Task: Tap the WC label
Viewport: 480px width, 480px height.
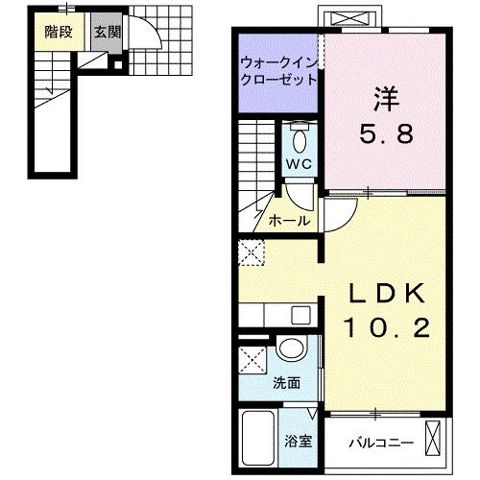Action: tap(299, 164)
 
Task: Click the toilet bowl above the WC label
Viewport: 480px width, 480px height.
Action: tap(299, 140)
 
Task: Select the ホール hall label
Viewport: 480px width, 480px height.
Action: tap(289, 220)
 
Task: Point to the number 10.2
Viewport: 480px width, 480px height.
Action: tap(386, 327)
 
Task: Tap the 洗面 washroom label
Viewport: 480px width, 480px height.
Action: tap(286, 382)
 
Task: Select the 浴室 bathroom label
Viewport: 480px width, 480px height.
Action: tap(297, 443)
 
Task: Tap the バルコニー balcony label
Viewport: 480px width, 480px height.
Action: tap(378, 443)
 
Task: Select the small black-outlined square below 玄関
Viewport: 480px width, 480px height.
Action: tap(116, 65)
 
